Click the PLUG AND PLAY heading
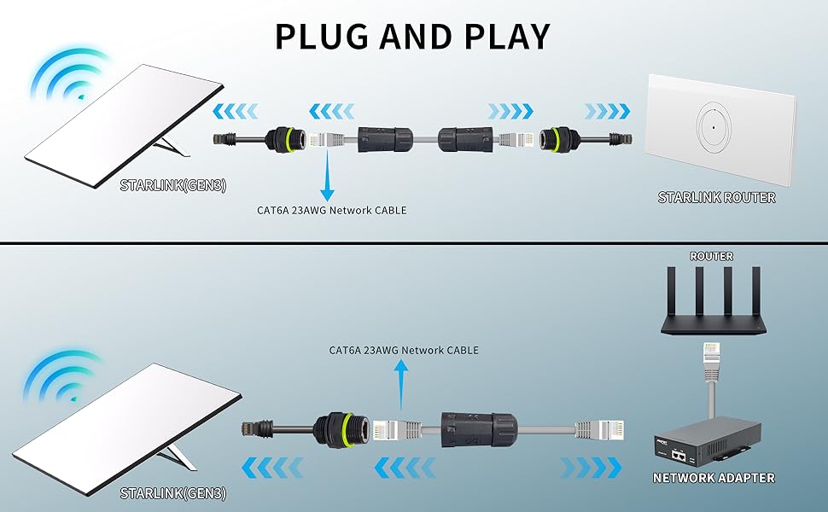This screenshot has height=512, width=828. click(x=413, y=36)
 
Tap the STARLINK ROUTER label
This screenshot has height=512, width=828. click(x=716, y=198)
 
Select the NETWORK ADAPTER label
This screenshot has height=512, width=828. click(x=714, y=478)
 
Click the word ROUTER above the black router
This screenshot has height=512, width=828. click(x=711, y=256)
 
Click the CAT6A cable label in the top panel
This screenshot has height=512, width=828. click(x=331, y=209)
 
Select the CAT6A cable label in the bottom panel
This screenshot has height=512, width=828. click(x=404, y=351)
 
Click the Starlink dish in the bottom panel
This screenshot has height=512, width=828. click(x=128, y=427)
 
